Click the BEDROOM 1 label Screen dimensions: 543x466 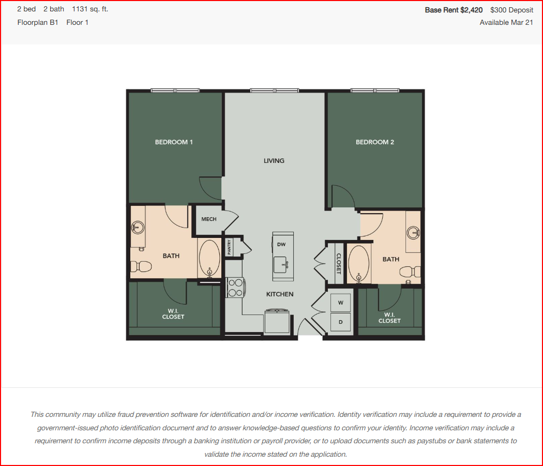click(173, 142)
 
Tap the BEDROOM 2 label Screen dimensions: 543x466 click(375, 142)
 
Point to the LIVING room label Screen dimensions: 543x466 click(274, 161)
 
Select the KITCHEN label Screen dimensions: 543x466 click(280, 294)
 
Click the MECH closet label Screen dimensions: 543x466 click(209, 219)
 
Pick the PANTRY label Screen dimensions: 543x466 click(229, 247)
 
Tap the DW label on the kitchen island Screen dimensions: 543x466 click(281, 244)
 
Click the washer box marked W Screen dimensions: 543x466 click(340, 303)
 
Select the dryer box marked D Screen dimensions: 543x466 click(340, 322)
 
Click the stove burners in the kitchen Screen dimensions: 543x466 click(235, 288)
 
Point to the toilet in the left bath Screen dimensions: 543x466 click(141, 266)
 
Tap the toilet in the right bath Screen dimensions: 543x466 click(411, 272)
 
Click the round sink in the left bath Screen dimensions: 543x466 click(138, 228)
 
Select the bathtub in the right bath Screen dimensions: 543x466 click(359, 263)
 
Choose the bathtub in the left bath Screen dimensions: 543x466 click(209, 259)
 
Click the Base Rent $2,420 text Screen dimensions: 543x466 click(454, 10)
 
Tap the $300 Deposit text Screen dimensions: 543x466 click(511, 10)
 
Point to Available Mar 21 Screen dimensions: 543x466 click(506, 23)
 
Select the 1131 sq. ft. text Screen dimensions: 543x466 click(90, 9)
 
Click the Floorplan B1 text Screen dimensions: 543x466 click(38, 23)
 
